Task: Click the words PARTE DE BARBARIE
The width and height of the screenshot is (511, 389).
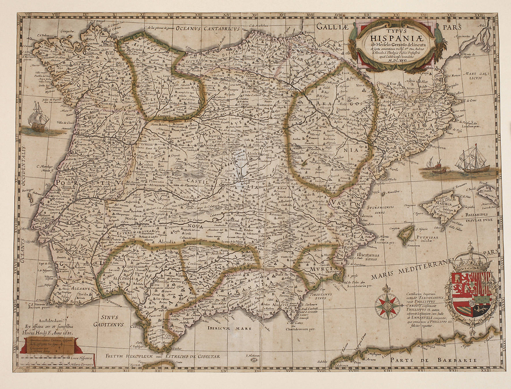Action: tap(433, 360)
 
